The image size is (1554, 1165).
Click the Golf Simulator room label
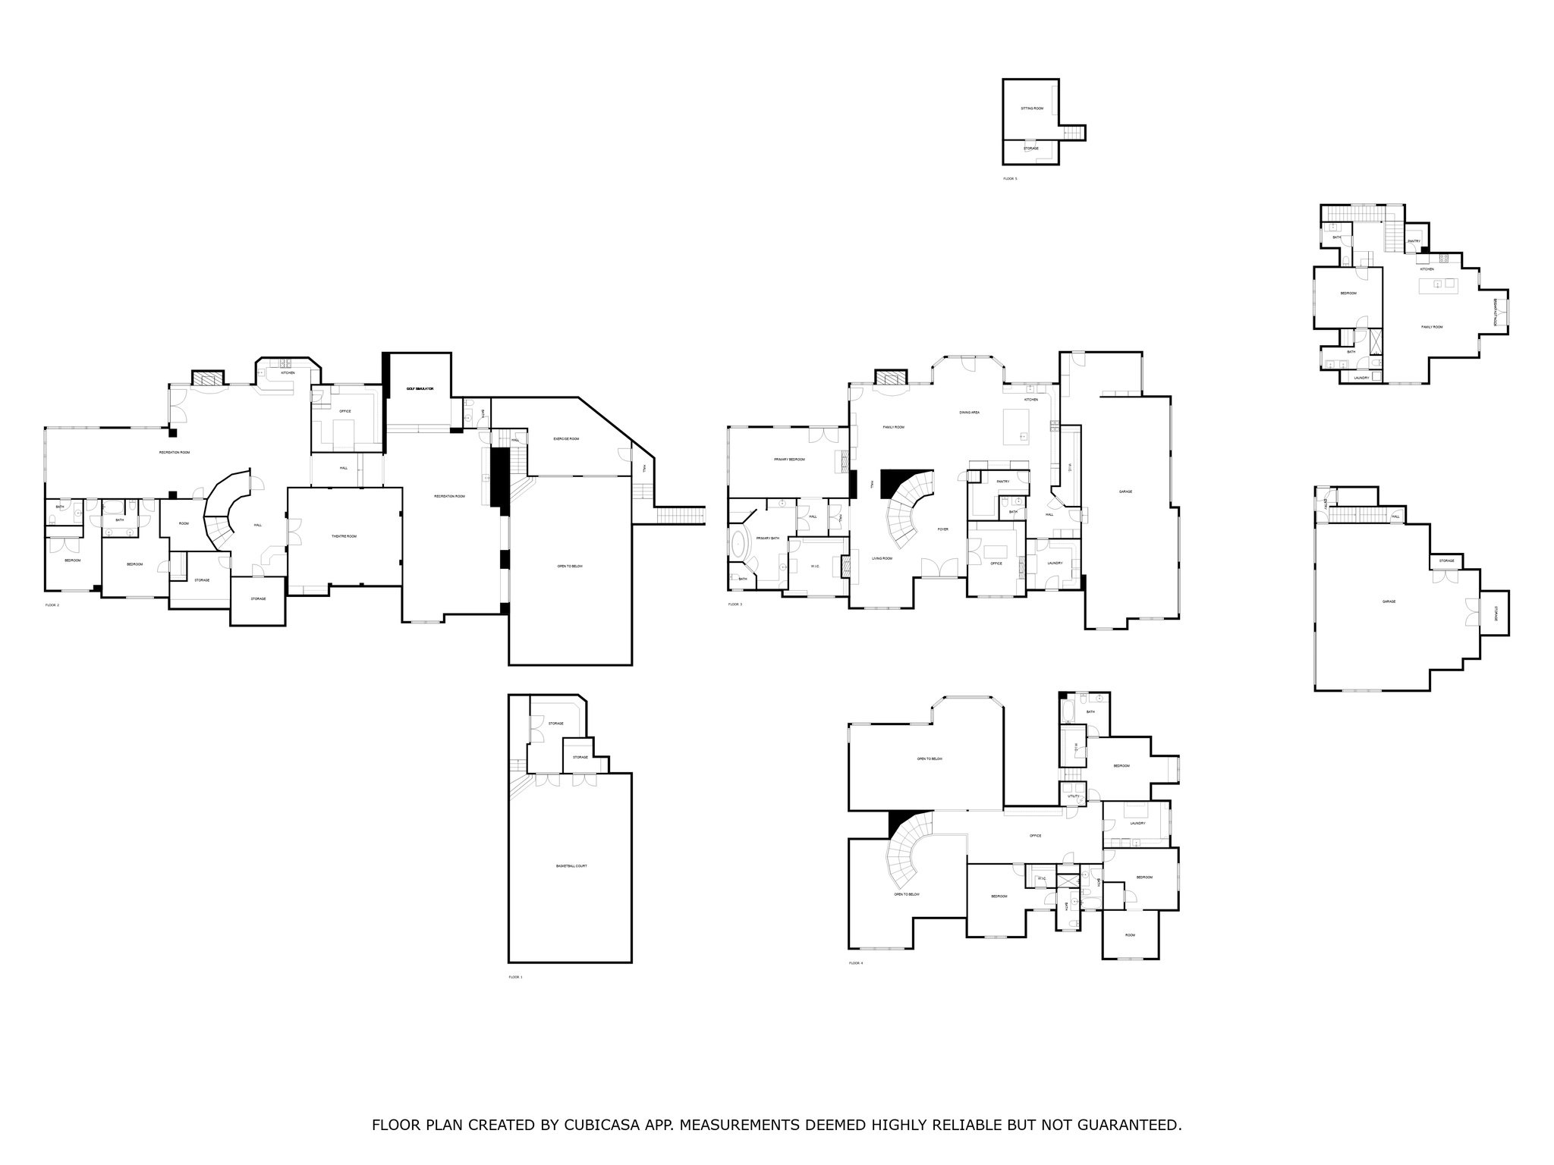[x=420, y=388]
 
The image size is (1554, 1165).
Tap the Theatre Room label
[x=344, y=536]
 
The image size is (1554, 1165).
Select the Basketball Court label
[x=571, y=866]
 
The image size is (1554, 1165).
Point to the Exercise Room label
[x=566, y=438]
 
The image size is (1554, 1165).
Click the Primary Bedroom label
[x=789, y=460]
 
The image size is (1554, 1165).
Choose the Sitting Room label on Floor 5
[x=1032, y=108]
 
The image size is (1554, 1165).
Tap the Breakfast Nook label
[x=1495, y=312]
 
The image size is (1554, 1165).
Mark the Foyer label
[x=943, y=529]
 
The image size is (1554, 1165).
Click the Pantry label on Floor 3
[x=1002, y=481]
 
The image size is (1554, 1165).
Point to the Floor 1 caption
[x=515, y=977]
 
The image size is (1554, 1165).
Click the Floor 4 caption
[x=856, y=963]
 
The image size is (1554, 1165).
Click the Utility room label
[x=1073, y=796]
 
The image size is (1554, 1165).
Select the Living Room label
[x=882, y=558]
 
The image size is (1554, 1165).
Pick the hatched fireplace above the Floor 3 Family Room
[x=891, y=378]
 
